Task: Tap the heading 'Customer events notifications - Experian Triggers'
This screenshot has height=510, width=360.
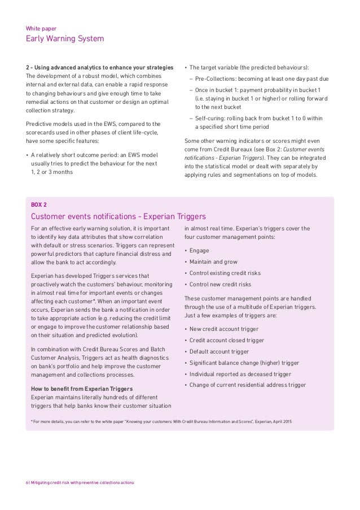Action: click(x=117, y=216)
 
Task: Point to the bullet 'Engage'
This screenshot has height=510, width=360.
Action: click(x=199, y=250)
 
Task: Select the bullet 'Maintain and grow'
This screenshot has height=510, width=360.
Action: click(x=213, y=262)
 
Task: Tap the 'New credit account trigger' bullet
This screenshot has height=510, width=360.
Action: click(x=224, y=329)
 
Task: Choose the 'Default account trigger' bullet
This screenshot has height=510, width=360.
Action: click(x=219, y=351)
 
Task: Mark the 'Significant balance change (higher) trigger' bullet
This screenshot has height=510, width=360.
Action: click(x=244, y=363)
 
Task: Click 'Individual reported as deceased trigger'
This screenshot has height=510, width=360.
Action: click(x=239, y=374)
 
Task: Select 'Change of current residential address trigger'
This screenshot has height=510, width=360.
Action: click(x=247, y=385)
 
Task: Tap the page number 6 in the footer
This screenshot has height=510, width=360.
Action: click(x=28, y=482)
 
